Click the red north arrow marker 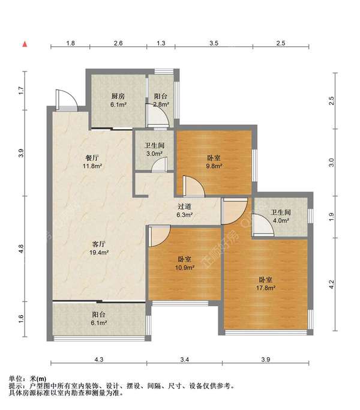(x=25, y=44)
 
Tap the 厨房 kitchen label (x=118, y=96)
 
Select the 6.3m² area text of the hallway (x=185, y=215)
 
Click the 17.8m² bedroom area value (x=265, y=288)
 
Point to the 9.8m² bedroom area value (x=214, y=166)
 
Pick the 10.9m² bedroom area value (x=185, y=268)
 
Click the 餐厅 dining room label (x=92, y=158)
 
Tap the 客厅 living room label (x=99, y=244)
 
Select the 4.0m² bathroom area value (x=281, y=220)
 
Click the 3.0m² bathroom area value (x=154, y=154)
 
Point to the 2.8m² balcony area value (x=161, y=104)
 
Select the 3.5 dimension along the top (x=214, y=43)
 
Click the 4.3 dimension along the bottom (x=98, y=360)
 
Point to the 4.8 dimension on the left (x=21, y=249)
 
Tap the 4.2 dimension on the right (x=331, y=284)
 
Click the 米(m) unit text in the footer (x=38, y=379)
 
